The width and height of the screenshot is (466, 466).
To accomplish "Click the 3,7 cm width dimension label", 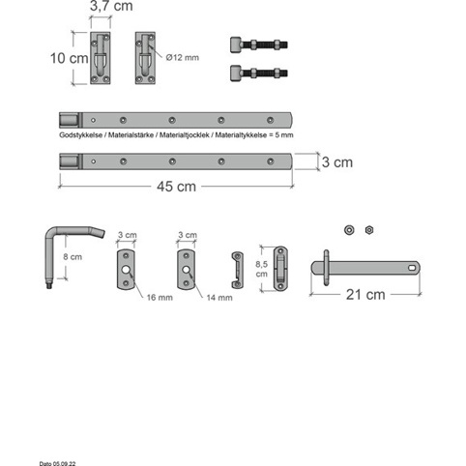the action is point(111,6).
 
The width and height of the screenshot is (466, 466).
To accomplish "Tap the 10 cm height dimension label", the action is point(70,58).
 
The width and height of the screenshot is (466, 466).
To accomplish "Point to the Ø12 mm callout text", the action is point(183,58).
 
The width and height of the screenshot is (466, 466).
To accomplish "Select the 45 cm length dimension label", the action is point(176,187).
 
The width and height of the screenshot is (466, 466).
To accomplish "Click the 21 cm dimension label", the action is point(365,295).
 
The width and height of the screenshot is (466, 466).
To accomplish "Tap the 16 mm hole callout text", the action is point(160,298).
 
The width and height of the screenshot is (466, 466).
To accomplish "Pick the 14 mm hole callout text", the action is point(219,298).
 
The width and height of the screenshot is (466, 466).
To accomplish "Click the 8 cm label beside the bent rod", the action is point(73,257).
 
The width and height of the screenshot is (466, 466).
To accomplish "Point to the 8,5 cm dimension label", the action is point(262,269).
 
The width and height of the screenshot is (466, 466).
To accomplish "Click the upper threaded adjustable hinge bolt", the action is point(259,44).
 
